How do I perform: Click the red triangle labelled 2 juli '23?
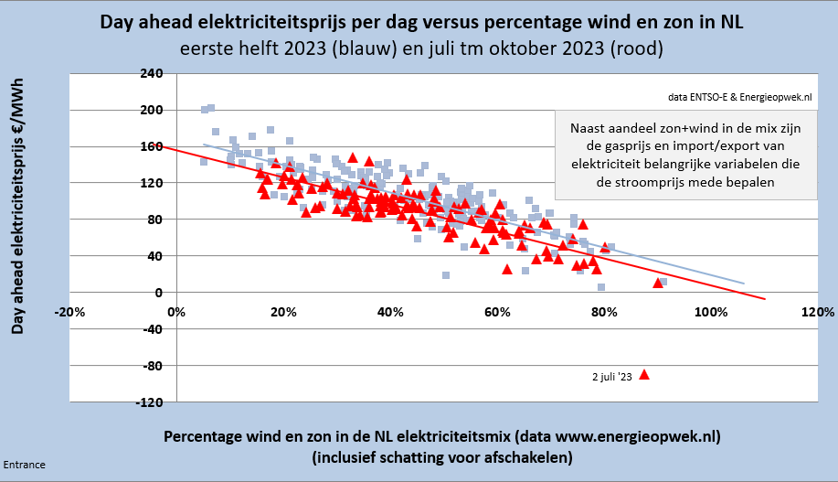(644, 374)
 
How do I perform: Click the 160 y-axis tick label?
(151, 146)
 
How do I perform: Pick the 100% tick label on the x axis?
(709, 311)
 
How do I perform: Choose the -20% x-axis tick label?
(70, 311)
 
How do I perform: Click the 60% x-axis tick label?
(496, 311)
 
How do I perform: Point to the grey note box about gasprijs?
(685, 155)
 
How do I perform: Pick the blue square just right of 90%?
(663, 282)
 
